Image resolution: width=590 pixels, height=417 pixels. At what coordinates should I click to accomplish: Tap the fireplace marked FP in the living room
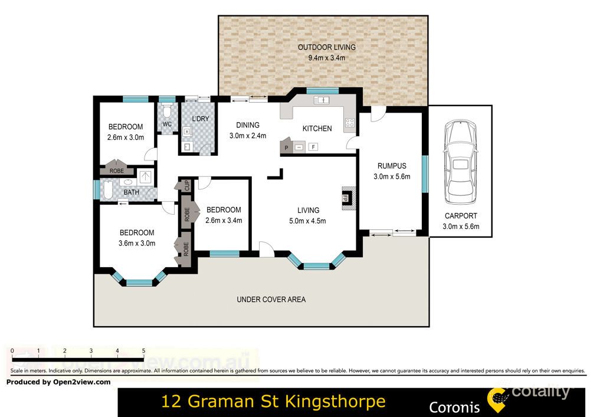pos(347,197)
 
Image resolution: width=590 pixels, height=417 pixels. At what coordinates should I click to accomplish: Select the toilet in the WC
pos(167,111)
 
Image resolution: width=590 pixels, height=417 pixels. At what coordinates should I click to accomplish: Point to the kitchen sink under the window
pos(322,101)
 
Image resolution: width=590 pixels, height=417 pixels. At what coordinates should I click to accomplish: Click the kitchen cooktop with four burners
pos(349,123)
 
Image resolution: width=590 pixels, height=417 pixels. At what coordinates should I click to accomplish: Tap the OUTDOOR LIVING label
pos(326,48)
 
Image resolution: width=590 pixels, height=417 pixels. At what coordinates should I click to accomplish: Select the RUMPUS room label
pos(391,166)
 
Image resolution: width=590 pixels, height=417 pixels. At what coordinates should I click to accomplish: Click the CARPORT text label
pos(461,216)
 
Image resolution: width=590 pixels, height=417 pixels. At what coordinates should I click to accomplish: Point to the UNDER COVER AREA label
pos(271,300)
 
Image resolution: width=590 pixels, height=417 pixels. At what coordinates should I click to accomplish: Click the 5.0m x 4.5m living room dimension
pos(308,221)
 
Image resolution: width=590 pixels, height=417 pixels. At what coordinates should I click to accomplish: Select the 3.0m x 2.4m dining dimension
pos(248,135)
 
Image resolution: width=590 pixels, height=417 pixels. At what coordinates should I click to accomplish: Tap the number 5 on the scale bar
pos(143,351)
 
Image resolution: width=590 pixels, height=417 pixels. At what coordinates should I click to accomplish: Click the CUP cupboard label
pos(186,184)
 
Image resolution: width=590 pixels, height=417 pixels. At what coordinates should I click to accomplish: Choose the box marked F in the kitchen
pos(313,147)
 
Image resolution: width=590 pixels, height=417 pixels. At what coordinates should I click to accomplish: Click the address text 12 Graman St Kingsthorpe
pos(273,402)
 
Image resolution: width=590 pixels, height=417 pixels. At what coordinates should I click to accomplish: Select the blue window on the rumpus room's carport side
pos(424,173)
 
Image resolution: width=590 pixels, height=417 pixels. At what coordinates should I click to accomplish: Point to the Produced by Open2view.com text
pos(58,382)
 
